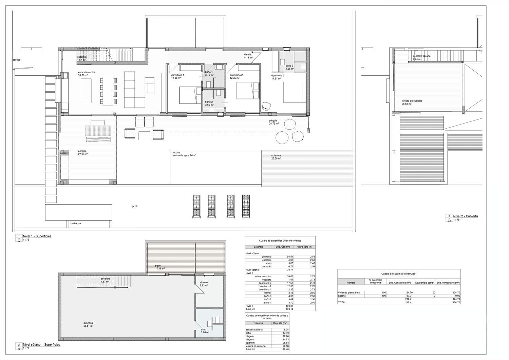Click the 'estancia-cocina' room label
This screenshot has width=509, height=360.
tap(87, 72)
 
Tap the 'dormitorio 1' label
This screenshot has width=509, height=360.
tap(178, 75)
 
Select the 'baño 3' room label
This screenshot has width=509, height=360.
tap(289, 65)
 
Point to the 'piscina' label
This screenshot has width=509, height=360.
tap(176, 152)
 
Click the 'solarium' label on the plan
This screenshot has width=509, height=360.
tap(276, 155)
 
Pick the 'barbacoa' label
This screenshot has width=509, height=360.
tap(75, 223)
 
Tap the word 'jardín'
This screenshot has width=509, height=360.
tap(135, 206)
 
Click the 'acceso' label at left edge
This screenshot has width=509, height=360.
tap(16, 60)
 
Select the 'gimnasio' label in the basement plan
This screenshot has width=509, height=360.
tap(88, 323)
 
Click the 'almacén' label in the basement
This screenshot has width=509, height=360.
tap(204, 282)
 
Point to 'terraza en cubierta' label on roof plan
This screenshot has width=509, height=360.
tap(412, 101)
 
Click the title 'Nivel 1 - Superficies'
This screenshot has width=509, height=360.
tap(37, 236)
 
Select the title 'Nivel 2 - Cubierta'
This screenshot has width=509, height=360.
tap(465, 216)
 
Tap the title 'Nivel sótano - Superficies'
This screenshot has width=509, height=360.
tap(41, 344)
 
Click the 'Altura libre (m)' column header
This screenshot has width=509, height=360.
tap(304, 247)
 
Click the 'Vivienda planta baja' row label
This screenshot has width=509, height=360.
tap(348, 292)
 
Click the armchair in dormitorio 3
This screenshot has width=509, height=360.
tap(266, 106)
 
